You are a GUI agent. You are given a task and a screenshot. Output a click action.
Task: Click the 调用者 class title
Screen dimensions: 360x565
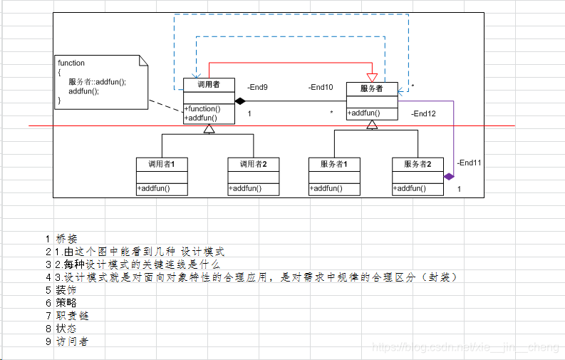click(209, 85)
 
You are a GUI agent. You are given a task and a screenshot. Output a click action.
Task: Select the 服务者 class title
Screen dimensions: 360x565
click(371, 89)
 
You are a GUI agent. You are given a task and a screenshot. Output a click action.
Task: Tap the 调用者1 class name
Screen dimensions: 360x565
click(162, 164)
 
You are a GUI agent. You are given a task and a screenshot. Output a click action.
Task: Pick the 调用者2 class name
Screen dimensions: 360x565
click(254, 164)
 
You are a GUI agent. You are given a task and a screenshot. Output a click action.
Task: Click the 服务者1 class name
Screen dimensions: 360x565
click(334, 164)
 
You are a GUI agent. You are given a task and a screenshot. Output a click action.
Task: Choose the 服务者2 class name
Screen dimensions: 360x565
click(418, 164)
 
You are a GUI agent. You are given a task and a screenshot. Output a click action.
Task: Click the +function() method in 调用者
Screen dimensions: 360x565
click(202, 109)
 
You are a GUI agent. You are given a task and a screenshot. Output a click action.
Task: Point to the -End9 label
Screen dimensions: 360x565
click(257, 88)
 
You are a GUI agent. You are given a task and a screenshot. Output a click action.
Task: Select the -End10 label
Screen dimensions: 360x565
click(321, 88)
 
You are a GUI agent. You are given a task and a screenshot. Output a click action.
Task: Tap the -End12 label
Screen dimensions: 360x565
click(423, 113)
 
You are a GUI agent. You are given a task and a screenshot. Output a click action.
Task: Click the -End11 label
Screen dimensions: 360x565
click(470, 163)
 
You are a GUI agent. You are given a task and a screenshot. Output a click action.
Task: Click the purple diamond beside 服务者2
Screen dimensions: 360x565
click(449, 176)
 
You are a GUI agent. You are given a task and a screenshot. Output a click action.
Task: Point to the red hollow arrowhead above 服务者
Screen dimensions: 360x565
click(371, 77)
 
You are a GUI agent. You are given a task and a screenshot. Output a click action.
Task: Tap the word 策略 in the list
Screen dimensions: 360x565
click(66, 302)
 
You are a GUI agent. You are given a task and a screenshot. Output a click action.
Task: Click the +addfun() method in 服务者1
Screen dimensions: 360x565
click(326, 189)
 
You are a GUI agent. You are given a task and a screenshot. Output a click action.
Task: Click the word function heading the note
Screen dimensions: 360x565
click(71, 63)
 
